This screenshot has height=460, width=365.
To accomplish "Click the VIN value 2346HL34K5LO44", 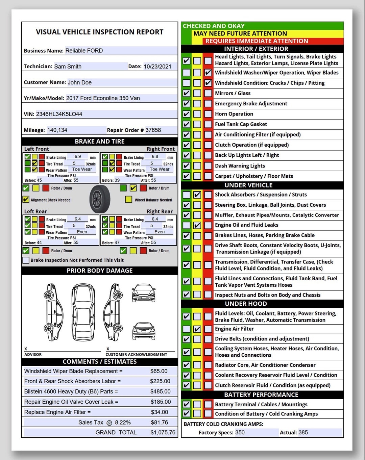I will click(59, 114).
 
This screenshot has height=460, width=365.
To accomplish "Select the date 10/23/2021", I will click(157, 67).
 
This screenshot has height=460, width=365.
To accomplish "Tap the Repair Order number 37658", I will click(153, 130).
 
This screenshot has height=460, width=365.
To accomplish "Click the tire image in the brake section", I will click(100, 199).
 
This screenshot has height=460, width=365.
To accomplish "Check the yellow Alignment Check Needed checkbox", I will click(26, 199).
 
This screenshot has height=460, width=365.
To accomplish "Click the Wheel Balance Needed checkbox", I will click(128, 199).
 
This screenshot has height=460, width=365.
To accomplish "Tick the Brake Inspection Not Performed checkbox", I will click(26, 260).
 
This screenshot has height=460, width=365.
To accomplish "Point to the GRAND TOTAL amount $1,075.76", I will click(163, 432).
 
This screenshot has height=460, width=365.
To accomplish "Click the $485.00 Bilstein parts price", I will click(160, 391).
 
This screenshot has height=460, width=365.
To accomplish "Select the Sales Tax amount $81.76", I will click(160, 422).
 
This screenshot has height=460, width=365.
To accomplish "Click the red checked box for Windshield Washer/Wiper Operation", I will click(208, 73).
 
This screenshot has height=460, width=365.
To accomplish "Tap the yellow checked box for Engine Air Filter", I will click(197, 329).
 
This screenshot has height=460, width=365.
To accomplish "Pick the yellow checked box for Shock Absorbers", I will click(197, 195).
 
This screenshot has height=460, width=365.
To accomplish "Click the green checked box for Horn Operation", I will click(186, 114).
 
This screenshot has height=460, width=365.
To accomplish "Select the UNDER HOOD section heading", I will click(246, 304).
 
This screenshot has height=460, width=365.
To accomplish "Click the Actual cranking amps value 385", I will click(303, 432).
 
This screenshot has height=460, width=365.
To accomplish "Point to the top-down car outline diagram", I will click(83, 312).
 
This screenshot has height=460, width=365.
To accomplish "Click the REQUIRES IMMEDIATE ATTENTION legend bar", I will click(257, 41).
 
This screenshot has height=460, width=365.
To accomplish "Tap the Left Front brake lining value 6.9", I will click(78, 156).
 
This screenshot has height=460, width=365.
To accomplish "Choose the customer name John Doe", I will click(79, 82).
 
